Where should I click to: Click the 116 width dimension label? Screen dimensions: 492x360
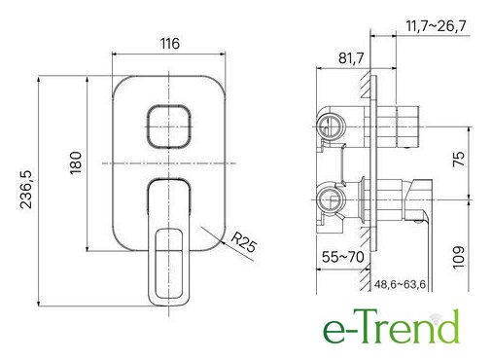(x=170, y=43)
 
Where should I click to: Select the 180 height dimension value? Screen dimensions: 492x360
(x=76, y=162)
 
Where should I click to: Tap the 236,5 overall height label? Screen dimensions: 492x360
(x=26, y=190)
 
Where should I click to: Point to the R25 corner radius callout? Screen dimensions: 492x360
(x=243, y=242)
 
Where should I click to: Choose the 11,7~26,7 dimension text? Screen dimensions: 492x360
(x=436, y=25)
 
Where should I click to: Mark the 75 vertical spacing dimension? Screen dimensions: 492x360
(x=459, y=159)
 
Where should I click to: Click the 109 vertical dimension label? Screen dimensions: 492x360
(x=459, y=258)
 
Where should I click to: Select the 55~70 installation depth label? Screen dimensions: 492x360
(x=343, y=257)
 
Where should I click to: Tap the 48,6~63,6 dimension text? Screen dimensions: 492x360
(x=400, y=284)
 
